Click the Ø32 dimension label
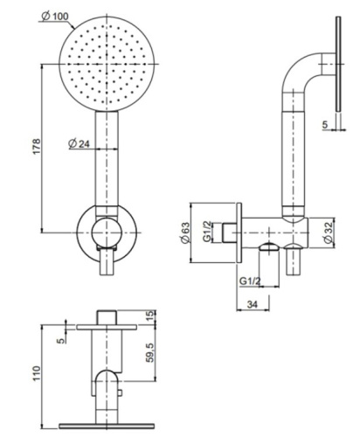pos(328,231)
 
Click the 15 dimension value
pos(150,315)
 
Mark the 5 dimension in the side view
pos(324,125)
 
